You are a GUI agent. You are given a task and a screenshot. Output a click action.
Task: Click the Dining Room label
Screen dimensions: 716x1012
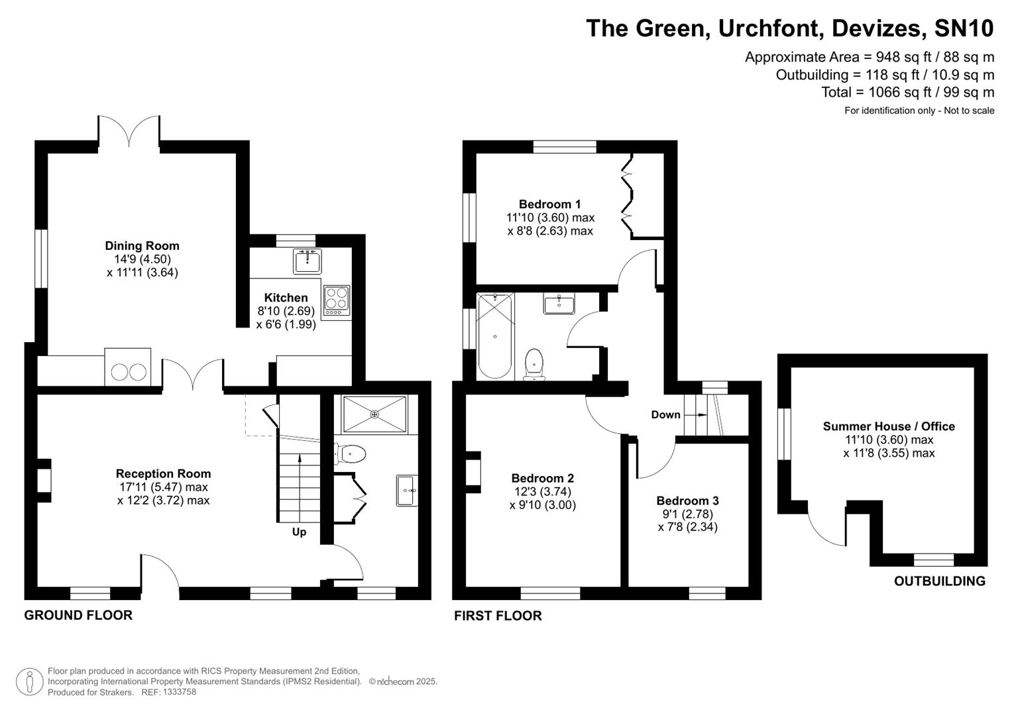pyautogui.click(x=142, y=246)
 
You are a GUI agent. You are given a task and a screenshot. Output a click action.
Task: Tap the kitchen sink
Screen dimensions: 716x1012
pyautogui.click(x=307, y=261)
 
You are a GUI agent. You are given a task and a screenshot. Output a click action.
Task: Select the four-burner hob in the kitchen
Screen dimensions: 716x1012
pyautogui.click(x=336, y=300)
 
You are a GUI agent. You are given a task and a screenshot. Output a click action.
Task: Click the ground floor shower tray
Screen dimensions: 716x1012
pyautogui.click(x=374, y=414)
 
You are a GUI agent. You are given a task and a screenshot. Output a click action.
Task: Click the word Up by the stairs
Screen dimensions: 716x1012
pyautogui.click(x=299, y=532)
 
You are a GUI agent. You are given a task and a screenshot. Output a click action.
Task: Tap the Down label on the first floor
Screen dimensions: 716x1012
pyautogui.click(x=665, y=414)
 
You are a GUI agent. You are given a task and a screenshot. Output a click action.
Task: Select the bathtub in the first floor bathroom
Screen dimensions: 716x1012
pyautogui.click(x=494, y=336)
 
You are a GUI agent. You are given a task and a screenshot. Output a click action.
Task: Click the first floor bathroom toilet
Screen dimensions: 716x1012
pyautogui.click(x=534, y=365)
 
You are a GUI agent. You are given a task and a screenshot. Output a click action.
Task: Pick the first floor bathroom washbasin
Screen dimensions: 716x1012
pyautogui.click(x=559, y=304)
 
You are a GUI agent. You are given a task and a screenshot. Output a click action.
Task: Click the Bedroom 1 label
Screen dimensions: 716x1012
pyautogui.click(x=549, y=204)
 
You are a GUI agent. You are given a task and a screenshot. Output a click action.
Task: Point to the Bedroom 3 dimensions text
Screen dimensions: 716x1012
pyautogui.click(x=687, y=520)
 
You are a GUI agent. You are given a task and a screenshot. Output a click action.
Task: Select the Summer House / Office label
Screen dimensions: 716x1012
pyautogui.click(x=888, y=426)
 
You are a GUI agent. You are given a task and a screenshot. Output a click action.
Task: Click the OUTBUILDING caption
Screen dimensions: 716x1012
pyautogui.click(x=939, y=581)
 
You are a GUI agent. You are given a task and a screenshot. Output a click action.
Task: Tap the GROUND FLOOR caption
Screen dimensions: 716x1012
pyautogui.click(x=78, y=615)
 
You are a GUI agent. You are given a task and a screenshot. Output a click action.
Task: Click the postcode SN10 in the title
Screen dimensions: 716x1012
pyautogui.click(x=964, y=29)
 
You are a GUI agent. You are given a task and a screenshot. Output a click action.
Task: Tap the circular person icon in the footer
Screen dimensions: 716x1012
pyautogui.click(x=29, y=682)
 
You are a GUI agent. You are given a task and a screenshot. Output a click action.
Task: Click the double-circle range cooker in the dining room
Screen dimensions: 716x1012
pyautogui.click(x=128, y=371)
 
